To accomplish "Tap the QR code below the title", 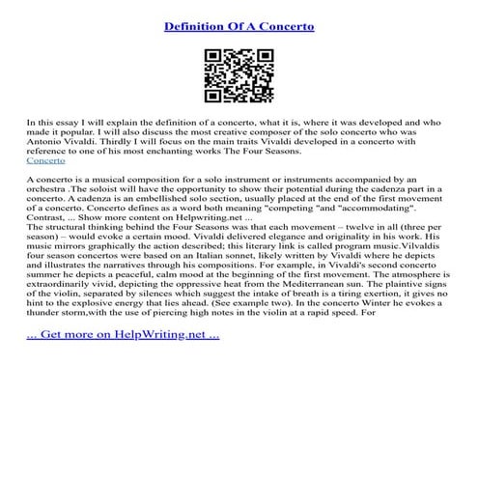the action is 239,76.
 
